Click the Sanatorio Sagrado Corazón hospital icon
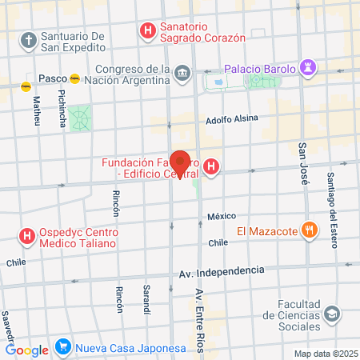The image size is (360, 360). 147,32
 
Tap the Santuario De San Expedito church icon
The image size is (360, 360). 28,40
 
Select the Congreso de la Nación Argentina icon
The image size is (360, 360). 183,74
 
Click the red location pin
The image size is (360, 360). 181,162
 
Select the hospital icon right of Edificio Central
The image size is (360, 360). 211,167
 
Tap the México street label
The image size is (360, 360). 222,216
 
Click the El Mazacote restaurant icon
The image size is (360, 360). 308,232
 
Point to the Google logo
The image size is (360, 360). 26,349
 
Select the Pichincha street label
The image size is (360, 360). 62,106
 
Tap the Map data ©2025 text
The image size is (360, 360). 325,354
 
